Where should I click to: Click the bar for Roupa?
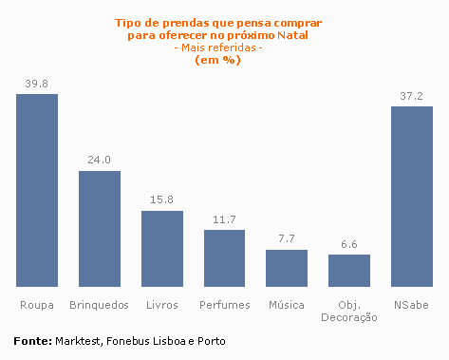[37, 190]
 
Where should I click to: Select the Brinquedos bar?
[100, 229]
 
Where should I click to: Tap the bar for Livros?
[162, 248]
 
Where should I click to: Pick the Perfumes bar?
[224, 258]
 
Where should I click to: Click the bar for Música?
[287, 268]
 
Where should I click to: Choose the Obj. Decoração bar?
[349, 271]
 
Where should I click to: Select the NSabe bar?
[412, 196]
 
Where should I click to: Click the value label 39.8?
[37, 84]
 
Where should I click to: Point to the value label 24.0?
[100, 161]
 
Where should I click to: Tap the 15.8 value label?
[162, 200]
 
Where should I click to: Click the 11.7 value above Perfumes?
[224, 219]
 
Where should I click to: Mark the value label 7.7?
[287, 239]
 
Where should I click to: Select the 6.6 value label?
[349, 244]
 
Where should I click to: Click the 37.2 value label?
[412, 96]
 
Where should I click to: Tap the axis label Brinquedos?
[100, 305]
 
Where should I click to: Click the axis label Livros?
[162, 305]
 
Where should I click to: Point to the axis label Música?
[287, 305]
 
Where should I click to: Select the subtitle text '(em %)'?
[217, 60]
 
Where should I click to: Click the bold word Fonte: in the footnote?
[32, 340]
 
